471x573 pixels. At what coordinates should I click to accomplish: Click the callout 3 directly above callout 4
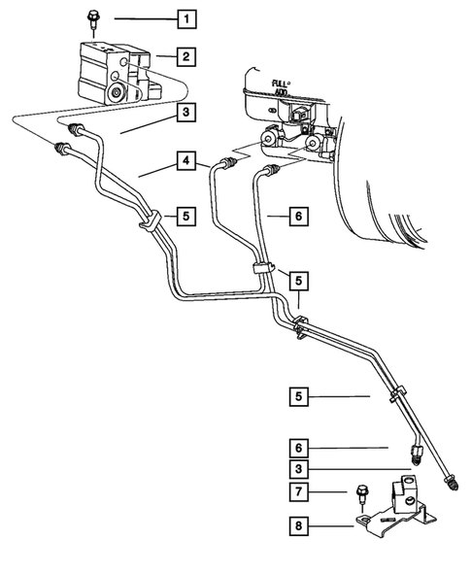coord(185,113)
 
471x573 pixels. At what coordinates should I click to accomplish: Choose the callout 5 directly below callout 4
coord(185,214)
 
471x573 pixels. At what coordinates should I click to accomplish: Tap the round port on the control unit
coord(118,95)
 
